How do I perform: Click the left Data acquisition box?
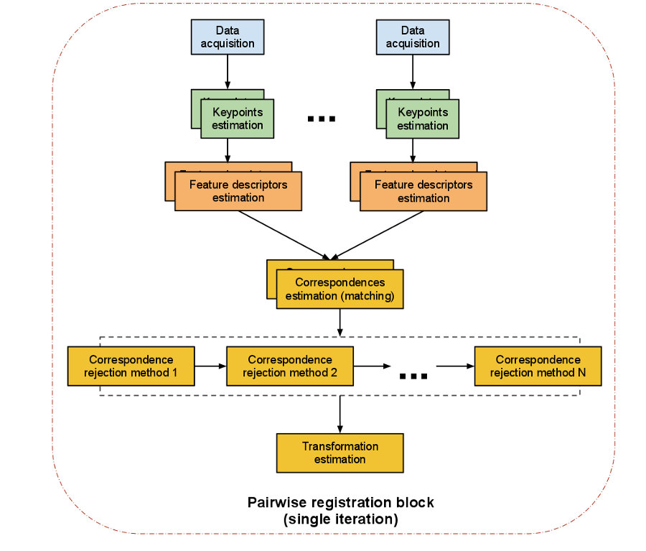tap(227, 37)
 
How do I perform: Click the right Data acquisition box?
tap(412, 37)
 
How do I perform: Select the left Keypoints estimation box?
tap(238, 119)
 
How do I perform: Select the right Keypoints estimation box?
tap(423, 119)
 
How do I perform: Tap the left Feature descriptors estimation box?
tap(238, 191)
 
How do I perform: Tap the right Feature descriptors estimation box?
tap(423, 191)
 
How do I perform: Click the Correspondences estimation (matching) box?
tap(340, 289)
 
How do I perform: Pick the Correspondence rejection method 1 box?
tap(131, 366)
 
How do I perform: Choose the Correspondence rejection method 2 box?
tap(290, 366)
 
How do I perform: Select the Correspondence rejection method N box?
tap(538, 366)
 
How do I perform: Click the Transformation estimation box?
tap(340, 453)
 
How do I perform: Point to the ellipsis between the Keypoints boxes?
tap(321, 119)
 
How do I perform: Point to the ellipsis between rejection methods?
tap(413, 375)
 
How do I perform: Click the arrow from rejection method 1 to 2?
tap(210, 366)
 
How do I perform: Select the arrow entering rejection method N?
tap(455, 366)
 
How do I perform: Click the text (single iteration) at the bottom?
tap(340, 518)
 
